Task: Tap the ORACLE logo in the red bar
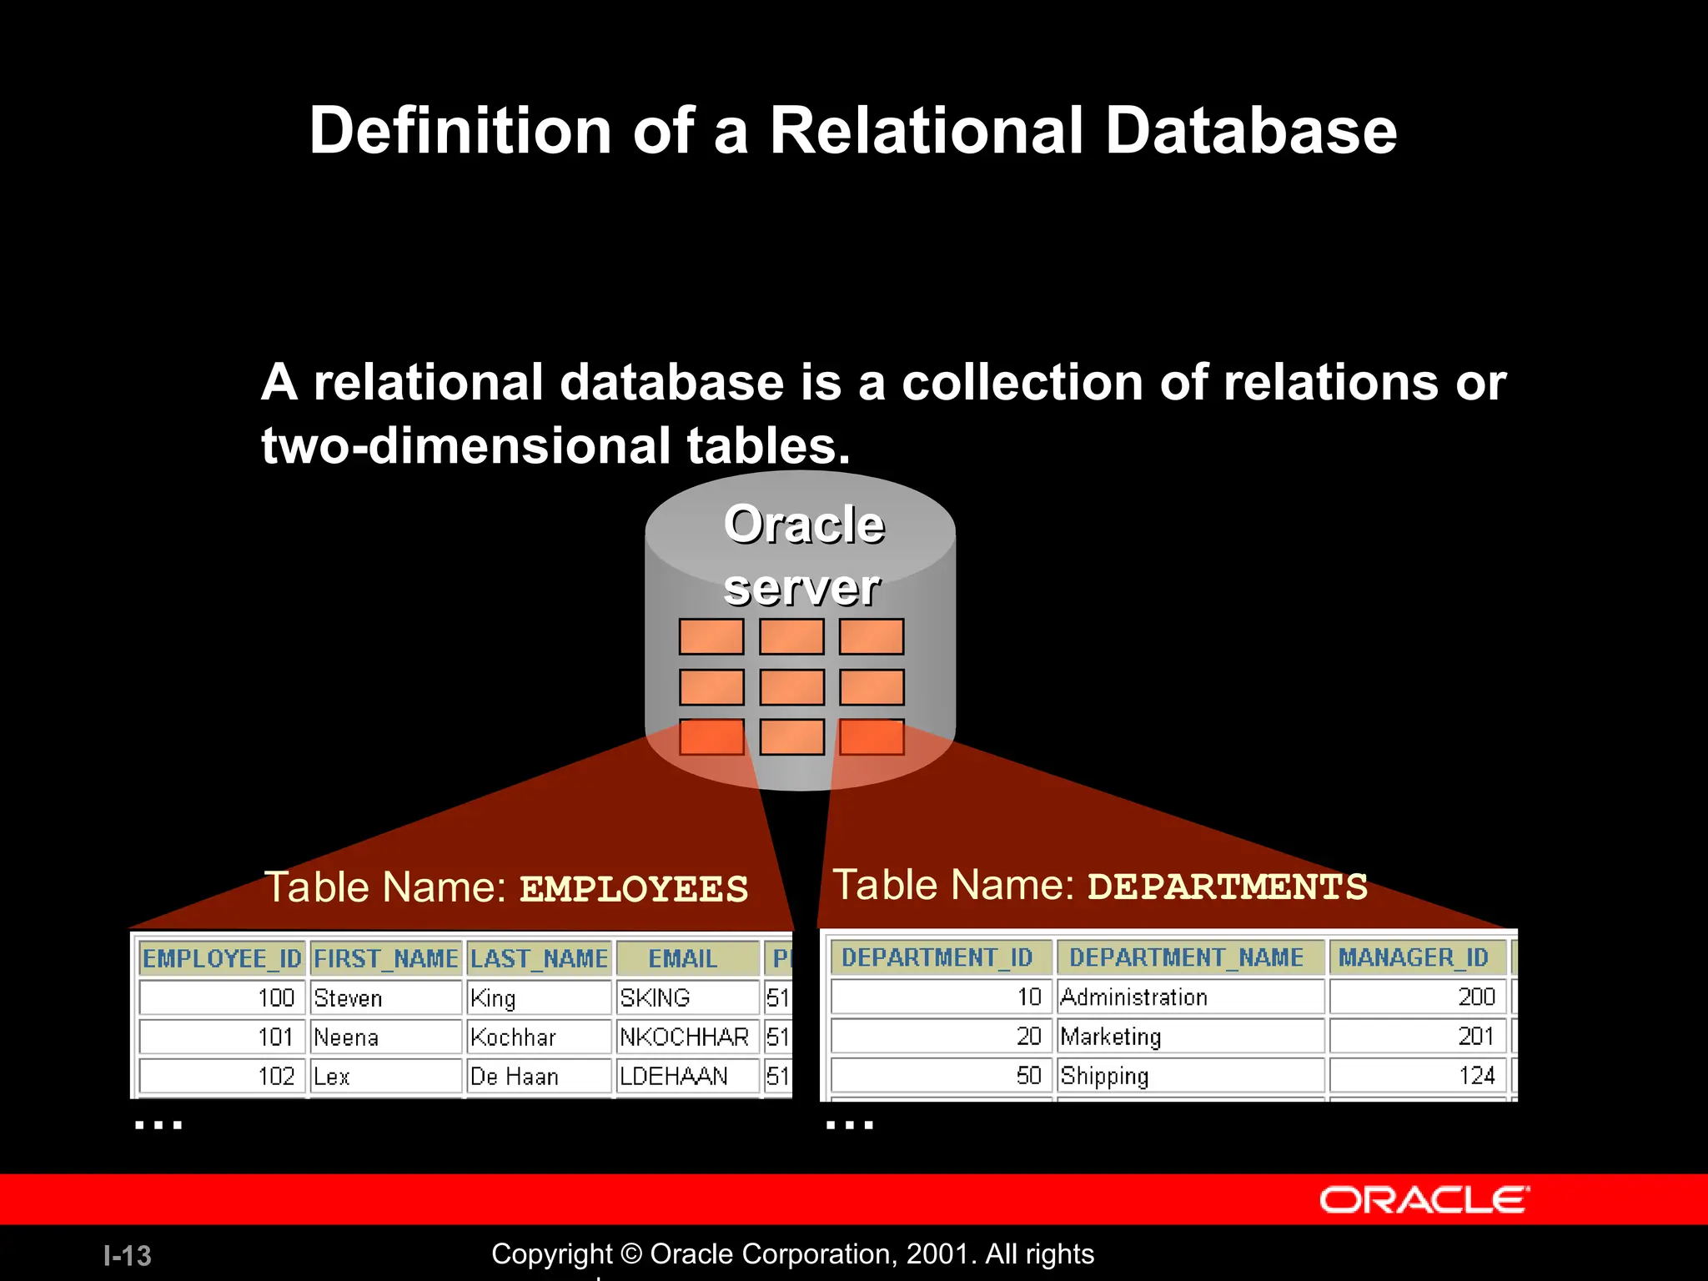(1424, 1200)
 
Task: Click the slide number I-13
(127, 1255)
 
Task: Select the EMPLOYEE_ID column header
(222, 958)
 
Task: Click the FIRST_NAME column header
(385, 958)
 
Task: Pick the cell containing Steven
(385, 997)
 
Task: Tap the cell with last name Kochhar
(538, 1037)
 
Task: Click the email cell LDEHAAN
(687, 1076)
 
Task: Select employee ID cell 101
(222, 1037)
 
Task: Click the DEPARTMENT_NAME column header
(1189, 957)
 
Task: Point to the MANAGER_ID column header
(1416, 957)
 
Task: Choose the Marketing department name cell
(1189, 1036)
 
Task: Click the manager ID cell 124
(1418, 1075)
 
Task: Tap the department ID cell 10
(941, 997)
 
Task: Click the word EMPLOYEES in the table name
(634, 889)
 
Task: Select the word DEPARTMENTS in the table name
(1228, 887)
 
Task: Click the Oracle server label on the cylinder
(802, 556)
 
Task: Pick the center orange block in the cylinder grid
(791, 687)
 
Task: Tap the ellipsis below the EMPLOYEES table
(158, 1124)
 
